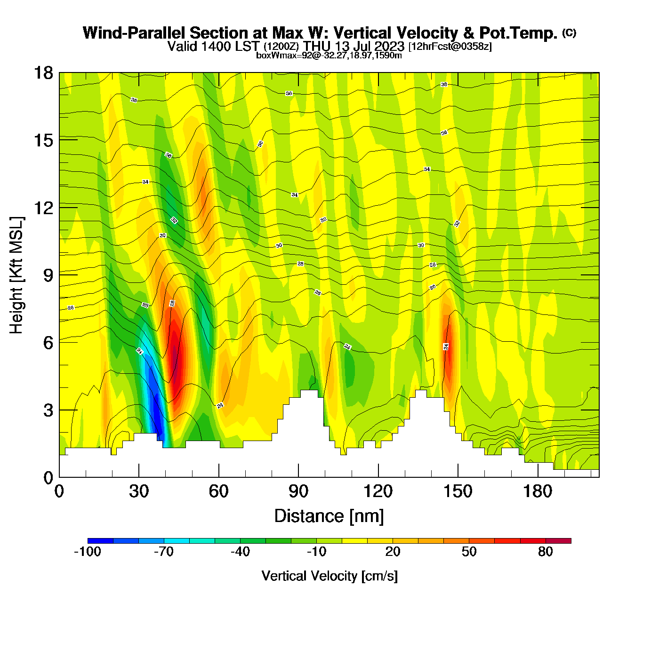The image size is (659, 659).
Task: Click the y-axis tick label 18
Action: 43,73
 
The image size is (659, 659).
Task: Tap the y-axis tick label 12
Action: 43,208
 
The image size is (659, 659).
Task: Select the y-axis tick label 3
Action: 48,410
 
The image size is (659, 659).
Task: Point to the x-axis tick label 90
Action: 298,491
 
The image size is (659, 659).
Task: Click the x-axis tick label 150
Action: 458,491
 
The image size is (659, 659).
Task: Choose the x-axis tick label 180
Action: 538,491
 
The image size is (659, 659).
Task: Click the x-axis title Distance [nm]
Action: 329,516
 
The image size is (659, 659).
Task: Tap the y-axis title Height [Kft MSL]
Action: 16,275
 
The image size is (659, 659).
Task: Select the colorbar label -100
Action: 88,552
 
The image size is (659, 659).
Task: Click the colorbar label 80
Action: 546,552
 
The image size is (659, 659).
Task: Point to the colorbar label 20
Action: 393,552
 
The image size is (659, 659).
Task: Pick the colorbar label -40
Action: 240,552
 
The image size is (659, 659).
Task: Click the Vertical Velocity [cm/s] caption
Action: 329,576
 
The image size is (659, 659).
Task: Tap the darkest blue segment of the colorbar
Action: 100,541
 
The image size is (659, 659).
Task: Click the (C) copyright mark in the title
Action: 569,32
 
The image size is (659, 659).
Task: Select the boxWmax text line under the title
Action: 329,56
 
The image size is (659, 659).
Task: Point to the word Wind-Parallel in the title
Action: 135,33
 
